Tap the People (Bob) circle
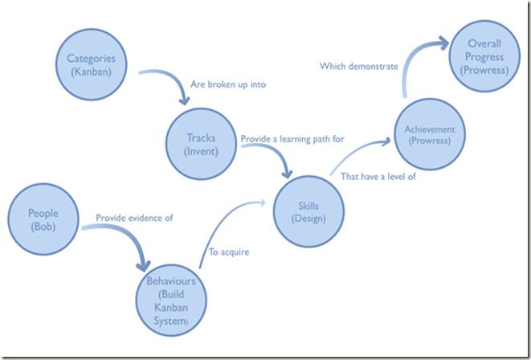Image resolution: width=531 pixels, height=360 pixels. click(x=43, y=220)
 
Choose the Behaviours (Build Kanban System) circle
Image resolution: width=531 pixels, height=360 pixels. click(x=170, y=299)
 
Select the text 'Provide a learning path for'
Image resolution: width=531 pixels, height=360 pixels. click(x=292, y=139)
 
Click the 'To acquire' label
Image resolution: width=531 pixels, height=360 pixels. click(x=228, y=252)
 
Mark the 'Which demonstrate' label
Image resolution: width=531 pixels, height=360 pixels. click(x=359, y=67)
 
